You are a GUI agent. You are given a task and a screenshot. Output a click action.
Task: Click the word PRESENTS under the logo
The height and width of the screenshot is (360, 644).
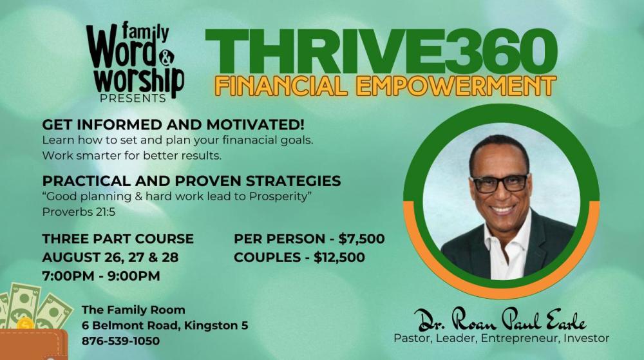tap(133, 99)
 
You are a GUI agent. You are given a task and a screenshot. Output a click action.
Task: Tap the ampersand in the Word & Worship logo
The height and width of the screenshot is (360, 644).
tap(166, 59)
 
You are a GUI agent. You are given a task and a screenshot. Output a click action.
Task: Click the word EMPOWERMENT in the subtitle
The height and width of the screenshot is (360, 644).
tap(456, 86)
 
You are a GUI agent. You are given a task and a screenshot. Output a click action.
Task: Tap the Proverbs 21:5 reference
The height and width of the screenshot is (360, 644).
tap(79, 213)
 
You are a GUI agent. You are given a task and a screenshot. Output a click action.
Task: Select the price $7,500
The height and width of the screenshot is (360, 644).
tap(361, 239)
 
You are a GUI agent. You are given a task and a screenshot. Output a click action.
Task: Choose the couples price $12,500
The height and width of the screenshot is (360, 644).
tap(339, 258)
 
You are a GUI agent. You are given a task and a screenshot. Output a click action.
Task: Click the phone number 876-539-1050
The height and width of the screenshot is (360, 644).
tap(121, 341)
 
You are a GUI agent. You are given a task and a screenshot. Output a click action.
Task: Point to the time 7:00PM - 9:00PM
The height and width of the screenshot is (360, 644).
tap(101, 276)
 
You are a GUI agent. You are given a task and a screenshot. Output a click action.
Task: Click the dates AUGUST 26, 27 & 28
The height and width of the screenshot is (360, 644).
tap(111, 258)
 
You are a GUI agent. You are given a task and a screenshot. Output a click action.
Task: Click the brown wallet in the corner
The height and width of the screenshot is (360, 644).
tap(33, 345)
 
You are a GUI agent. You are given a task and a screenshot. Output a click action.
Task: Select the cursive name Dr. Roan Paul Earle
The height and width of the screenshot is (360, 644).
tap(500, 319)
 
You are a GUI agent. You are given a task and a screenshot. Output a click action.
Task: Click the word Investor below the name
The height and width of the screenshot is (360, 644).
tap(586, 339)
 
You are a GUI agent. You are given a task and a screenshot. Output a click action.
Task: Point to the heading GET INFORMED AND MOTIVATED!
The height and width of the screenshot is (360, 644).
tap(173, 124)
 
